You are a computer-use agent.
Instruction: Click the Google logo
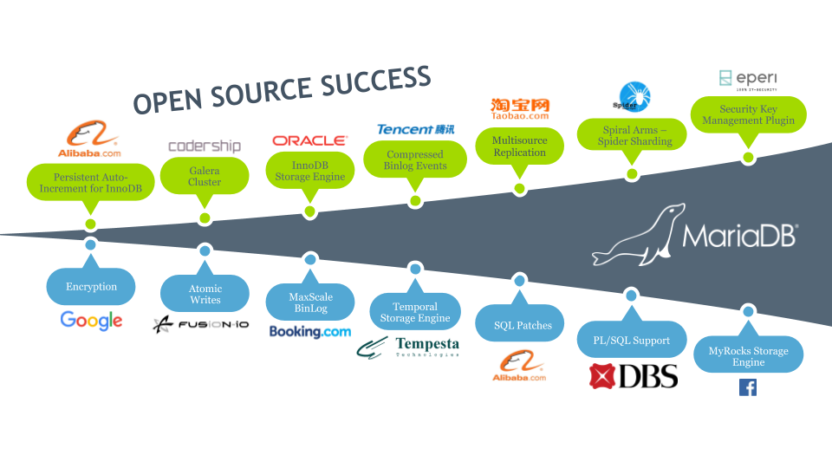(91, 321)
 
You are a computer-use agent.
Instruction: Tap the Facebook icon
(747, 387)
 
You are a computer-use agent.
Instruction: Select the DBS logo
(633, 375)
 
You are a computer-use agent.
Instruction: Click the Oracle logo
(309, 140)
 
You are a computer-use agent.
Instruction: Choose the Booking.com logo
(309, 331)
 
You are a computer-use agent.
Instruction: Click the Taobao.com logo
(519, 108)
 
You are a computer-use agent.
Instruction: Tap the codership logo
(205, 146)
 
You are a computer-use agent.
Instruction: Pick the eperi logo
(748, 80)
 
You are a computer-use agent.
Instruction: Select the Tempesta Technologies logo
(408, 348)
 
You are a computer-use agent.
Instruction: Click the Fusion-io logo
(200, 325)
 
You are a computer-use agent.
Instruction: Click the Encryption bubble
(91, 286)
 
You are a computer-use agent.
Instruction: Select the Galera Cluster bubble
(205, 177)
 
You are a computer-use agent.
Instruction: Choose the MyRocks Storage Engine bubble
(748, 356)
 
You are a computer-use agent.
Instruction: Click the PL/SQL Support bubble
(633, 341)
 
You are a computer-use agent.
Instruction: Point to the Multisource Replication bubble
(519, 146)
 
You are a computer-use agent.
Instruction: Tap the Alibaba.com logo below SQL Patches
(519, 367)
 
